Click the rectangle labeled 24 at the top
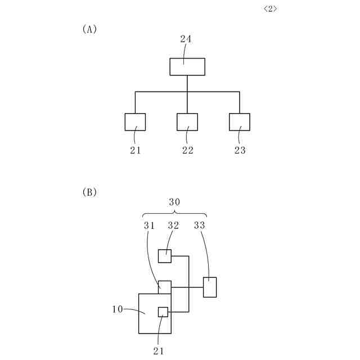[x=187, y=66]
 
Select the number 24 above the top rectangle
[x=186, y=39]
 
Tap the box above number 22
[x=187, y=121]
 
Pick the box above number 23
[x=240, y=121]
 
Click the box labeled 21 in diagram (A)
[x=135, y=121]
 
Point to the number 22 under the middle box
[x=187, y=150]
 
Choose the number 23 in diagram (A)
[x=240, y=150]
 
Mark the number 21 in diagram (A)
[x=135, y=150]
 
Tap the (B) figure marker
[x=90, y=192]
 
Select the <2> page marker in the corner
[x=270, y=9]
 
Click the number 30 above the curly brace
[x=174, y=201]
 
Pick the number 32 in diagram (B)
[x=174, y=226]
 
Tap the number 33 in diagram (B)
[x=200, y=226]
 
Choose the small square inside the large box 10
[x=163, y=312]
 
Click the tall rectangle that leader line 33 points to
[x=210, y=287]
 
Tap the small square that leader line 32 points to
[x=164, y=256]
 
